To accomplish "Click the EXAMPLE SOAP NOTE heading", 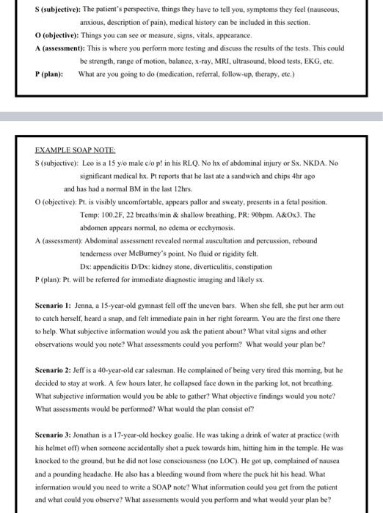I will coord(70,149).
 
